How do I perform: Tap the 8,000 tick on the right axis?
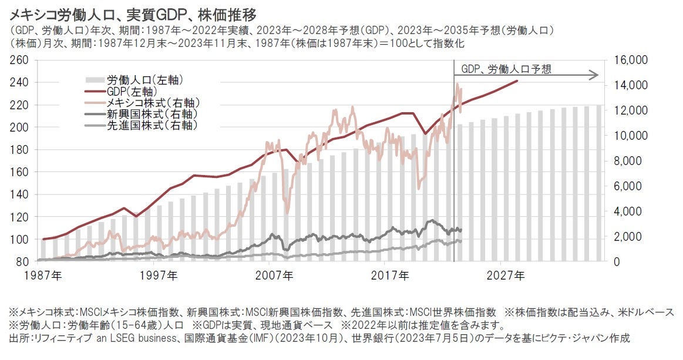point(628,161)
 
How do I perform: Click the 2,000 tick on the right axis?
point(628,237)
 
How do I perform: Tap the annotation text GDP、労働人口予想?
point(506,69)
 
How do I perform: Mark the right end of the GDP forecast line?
point(517,81)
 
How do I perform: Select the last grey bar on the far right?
point(599,183)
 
